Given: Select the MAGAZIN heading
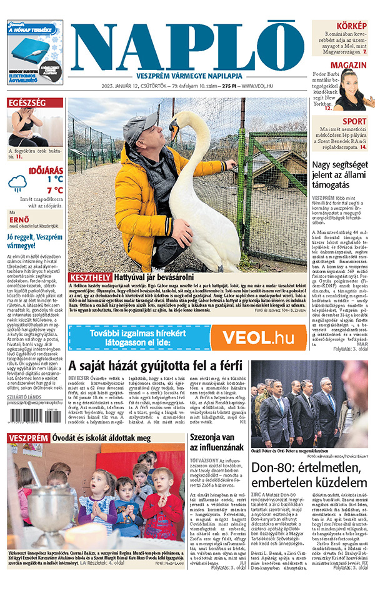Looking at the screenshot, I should click(x=348, y=66).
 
